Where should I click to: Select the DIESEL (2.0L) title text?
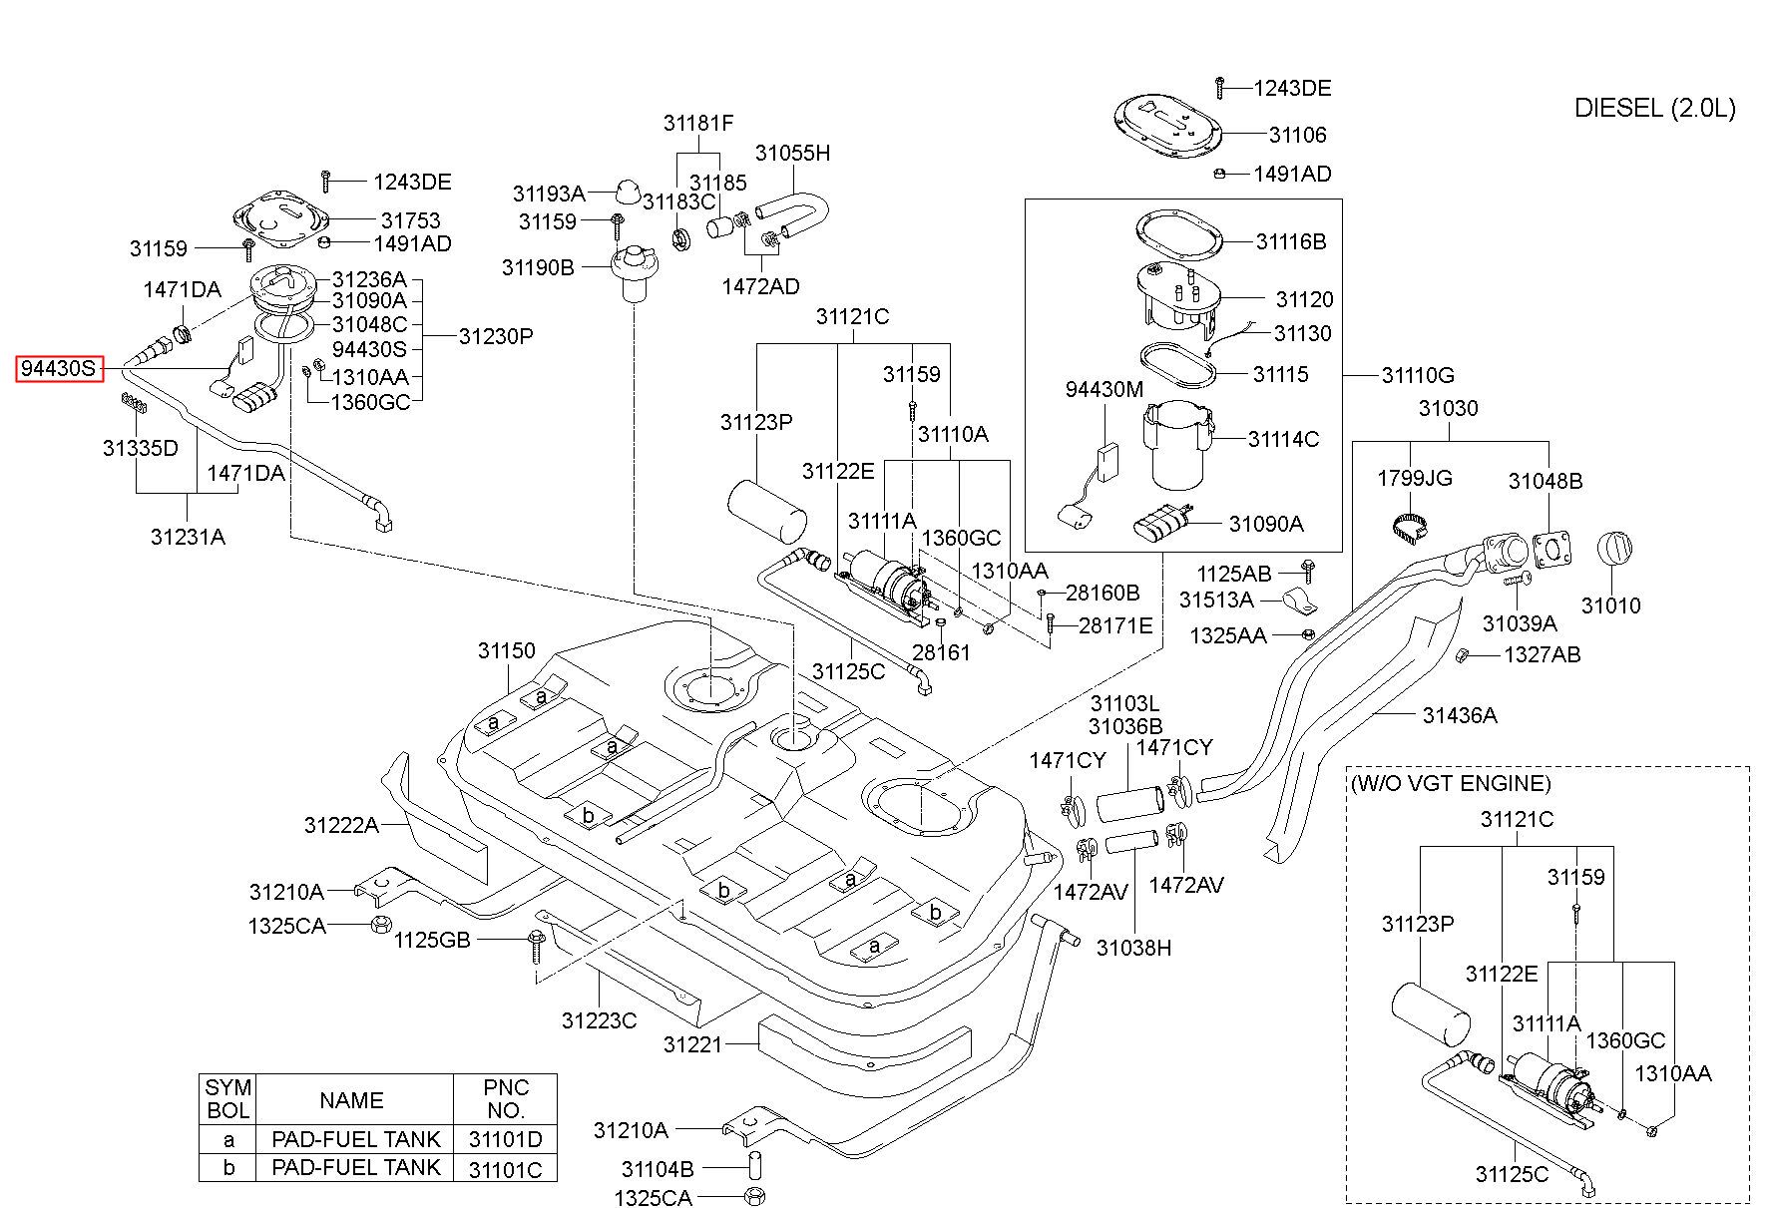(1655, 108)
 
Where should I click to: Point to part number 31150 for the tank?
(507, 650)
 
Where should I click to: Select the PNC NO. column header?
(506, 1098)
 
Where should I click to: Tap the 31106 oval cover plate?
(1166, 127)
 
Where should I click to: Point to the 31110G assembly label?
(1418, 375)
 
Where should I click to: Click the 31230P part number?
(496, 336)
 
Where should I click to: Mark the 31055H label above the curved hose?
(792, 153)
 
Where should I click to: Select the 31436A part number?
(1460, 715)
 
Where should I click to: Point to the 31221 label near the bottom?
(692, 1044)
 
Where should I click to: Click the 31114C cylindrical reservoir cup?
(1178, 445)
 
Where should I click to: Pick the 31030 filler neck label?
(1449, 408)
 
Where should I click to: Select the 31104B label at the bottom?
(657, 1169)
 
